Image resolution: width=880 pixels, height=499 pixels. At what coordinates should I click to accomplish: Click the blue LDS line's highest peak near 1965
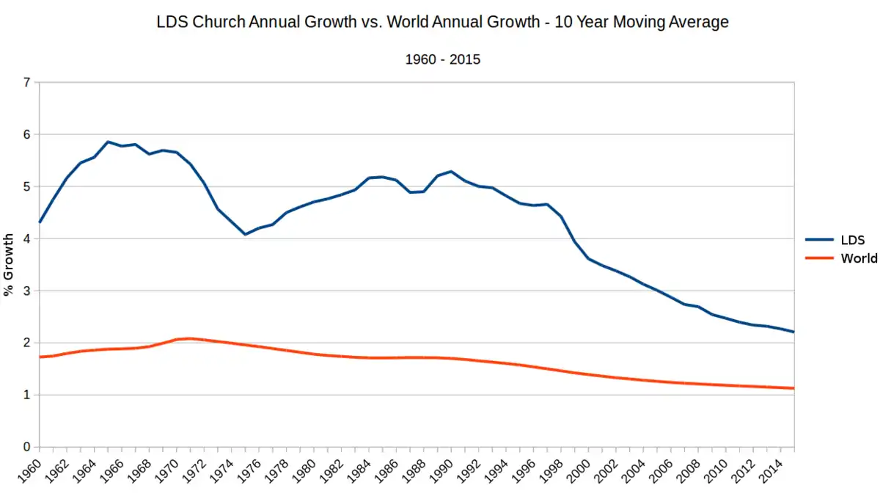108,142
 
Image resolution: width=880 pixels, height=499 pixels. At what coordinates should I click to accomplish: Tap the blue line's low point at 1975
246,234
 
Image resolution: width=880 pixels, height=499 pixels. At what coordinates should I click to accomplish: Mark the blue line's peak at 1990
451,172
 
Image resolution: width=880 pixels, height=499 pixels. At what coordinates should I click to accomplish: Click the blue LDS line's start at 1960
40,222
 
